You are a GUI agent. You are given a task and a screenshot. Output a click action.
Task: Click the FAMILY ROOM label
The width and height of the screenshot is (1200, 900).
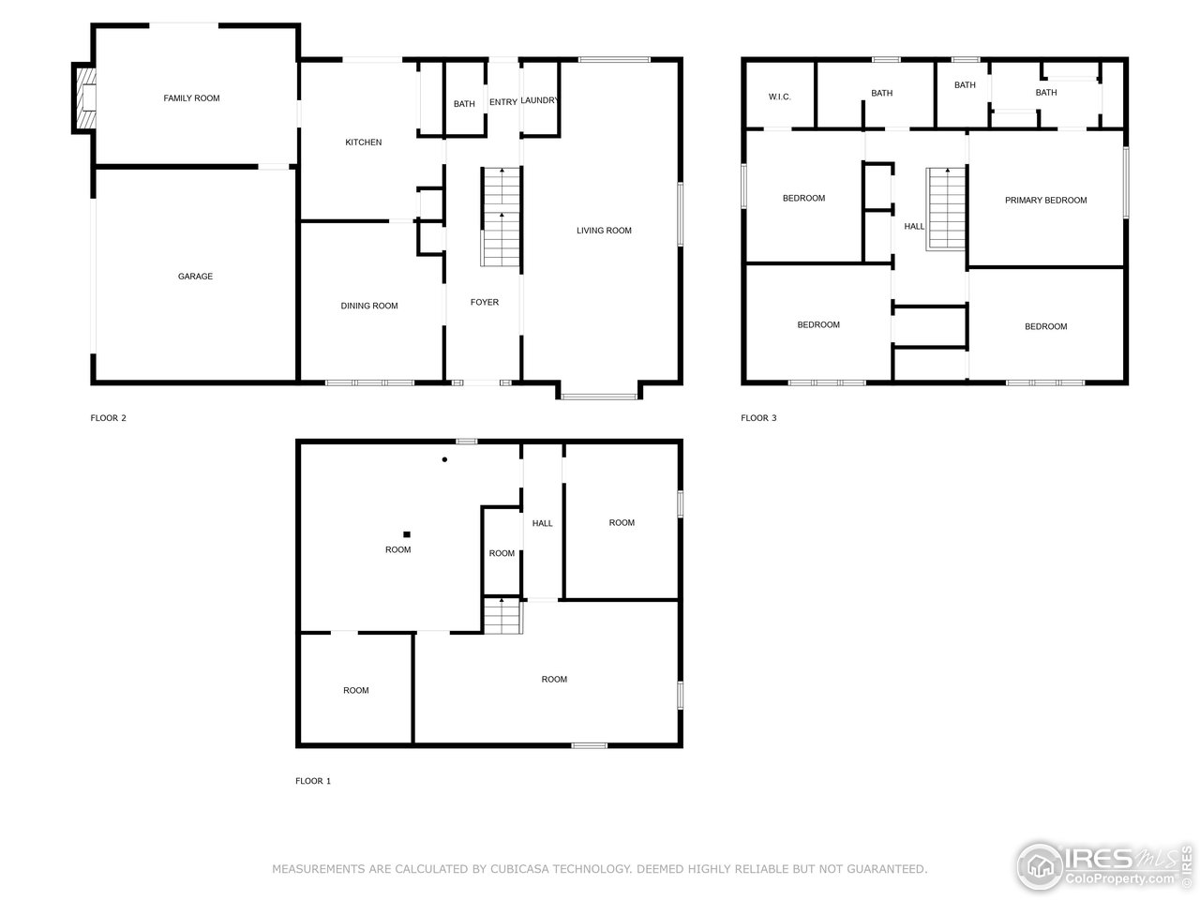191,98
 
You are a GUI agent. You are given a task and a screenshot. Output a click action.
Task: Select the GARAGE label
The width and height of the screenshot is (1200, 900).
195,277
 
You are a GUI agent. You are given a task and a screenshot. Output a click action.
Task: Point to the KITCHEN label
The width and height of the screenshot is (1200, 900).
363,142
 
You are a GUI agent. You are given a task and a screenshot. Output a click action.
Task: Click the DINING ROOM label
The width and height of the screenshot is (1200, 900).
369,306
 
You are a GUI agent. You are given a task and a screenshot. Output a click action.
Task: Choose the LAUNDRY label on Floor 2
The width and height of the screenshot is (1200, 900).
539,101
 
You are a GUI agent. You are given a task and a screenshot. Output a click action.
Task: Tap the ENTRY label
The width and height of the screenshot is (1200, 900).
502,102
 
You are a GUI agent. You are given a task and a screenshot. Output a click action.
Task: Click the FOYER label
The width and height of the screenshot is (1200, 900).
485,302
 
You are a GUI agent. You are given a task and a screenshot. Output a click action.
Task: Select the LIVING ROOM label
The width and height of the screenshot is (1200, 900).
604,231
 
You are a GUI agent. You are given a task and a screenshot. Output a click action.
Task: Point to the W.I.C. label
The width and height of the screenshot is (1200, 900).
779,97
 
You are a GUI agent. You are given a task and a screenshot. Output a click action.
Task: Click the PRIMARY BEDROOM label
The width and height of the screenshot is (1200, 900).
1045,201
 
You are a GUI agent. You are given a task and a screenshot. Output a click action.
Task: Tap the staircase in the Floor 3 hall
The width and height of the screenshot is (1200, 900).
946,209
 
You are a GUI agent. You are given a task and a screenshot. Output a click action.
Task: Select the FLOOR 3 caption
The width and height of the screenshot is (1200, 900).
758,418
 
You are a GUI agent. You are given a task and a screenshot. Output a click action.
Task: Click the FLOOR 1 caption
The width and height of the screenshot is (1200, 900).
313,781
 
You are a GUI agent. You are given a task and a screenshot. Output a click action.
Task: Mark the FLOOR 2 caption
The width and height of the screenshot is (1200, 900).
108,418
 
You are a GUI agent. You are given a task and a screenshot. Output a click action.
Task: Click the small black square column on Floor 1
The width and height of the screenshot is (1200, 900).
407,534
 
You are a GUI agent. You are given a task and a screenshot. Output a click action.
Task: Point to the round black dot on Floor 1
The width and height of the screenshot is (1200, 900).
444,459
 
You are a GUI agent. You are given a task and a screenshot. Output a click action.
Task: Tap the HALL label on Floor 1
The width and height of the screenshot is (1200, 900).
542,523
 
